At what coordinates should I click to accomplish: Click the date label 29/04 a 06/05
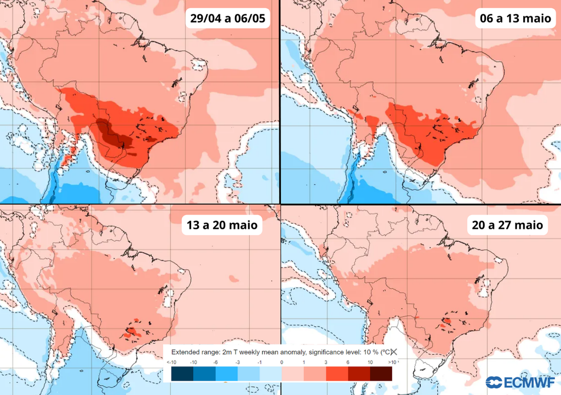(228, 19)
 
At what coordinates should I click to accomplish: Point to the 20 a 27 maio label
(506, 225)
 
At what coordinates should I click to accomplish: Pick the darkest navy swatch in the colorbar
(182, 374)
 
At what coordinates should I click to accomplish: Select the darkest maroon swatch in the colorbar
(381, 374)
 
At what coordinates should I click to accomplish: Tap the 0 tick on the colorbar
(281, 363)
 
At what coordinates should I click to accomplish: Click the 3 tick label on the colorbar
(325, 363)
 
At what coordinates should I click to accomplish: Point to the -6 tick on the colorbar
(215, 363)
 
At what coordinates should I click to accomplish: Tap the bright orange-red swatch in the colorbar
(336, 374)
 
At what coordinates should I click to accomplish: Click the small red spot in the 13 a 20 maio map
(131, 331)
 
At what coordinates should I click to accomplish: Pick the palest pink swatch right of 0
(292, 374)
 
